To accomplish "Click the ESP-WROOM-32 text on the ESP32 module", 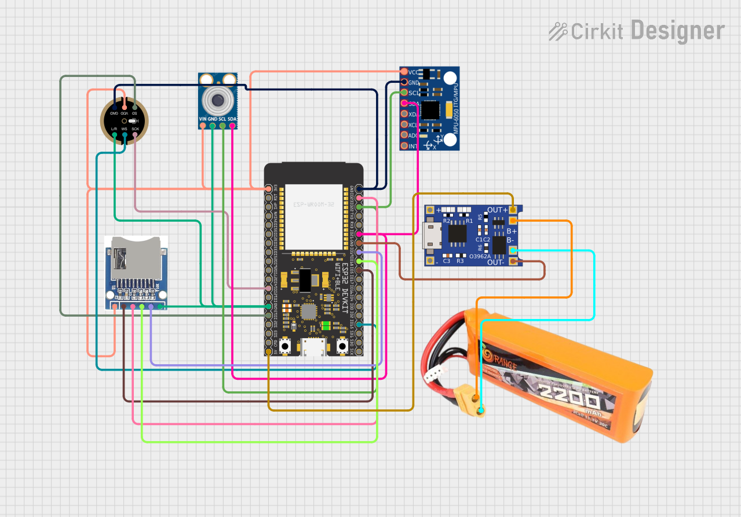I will pos(313,205).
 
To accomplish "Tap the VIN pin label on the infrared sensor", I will pos(203,119).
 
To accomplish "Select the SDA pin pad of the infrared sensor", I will pos(232,126).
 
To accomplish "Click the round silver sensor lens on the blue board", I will pos(217,100).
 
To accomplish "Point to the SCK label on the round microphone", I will pos(135,129).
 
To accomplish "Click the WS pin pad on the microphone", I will pos(125,135).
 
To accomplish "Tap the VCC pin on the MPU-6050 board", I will pos(404,72).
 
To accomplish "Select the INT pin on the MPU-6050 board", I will pos(404,146).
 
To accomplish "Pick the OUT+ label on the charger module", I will pos(498,210).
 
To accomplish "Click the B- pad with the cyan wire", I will pos(513,250).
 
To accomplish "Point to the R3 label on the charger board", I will pos(461,261).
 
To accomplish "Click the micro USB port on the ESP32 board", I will pos(313,347).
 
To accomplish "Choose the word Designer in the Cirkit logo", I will pos(677,30).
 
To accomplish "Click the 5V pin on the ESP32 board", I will pos(268,351).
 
